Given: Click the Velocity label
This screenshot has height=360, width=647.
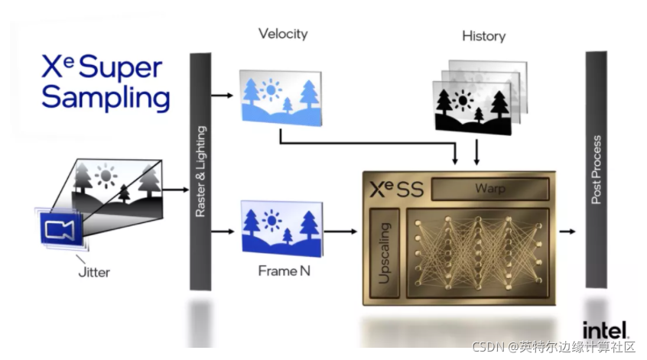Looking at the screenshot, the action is pyautogui.click(x=283, y=34).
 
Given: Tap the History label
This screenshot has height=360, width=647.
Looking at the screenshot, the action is pyautogui.click(x=483, y=36).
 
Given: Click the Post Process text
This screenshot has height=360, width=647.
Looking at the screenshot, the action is pyautogui.click(x=597, y=170).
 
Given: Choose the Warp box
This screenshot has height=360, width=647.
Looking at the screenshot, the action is pyautogui.click(x=490, y=188).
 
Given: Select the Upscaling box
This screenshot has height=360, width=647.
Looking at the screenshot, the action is pyautogui.click(x=385, y=251).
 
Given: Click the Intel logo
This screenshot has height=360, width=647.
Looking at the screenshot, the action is pyautogui.click(x=605, y=329).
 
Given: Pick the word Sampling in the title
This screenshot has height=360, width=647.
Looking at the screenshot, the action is pyautogui.click(x=106, y=97).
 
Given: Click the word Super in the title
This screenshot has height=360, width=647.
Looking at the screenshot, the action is pyautogui.click(x=126, y=67).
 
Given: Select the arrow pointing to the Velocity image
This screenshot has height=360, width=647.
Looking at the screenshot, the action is pyautogui.click(x=221, y=96).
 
